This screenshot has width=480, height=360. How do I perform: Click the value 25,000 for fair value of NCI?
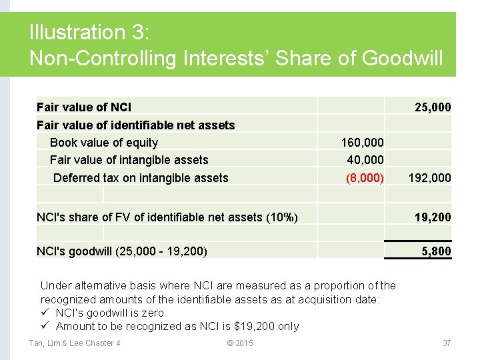pos(432,107)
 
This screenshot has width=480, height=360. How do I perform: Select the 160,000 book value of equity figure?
pos(362,143)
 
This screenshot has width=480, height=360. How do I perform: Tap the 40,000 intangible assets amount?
pos(365,160)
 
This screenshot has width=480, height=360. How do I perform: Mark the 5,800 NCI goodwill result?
pos(437,251)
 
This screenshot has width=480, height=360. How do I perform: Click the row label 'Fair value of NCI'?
pos(84,107)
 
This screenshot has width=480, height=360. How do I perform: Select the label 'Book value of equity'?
pos(104,143)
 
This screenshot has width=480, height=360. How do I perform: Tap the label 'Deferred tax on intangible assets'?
pos(141,178)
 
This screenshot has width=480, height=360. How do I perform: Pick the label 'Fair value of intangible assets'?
pos(129,160)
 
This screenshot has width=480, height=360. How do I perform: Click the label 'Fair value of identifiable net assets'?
pos(136,125)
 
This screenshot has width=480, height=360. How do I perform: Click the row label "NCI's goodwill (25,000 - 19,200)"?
pos(122,251)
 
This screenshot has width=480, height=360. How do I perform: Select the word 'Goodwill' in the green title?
pos(402,59)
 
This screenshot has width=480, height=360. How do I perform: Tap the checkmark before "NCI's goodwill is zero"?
pos(45,313)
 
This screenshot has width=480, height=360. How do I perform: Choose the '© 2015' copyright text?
pos(240,343)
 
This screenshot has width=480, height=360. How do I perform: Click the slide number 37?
pos(447,343)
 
